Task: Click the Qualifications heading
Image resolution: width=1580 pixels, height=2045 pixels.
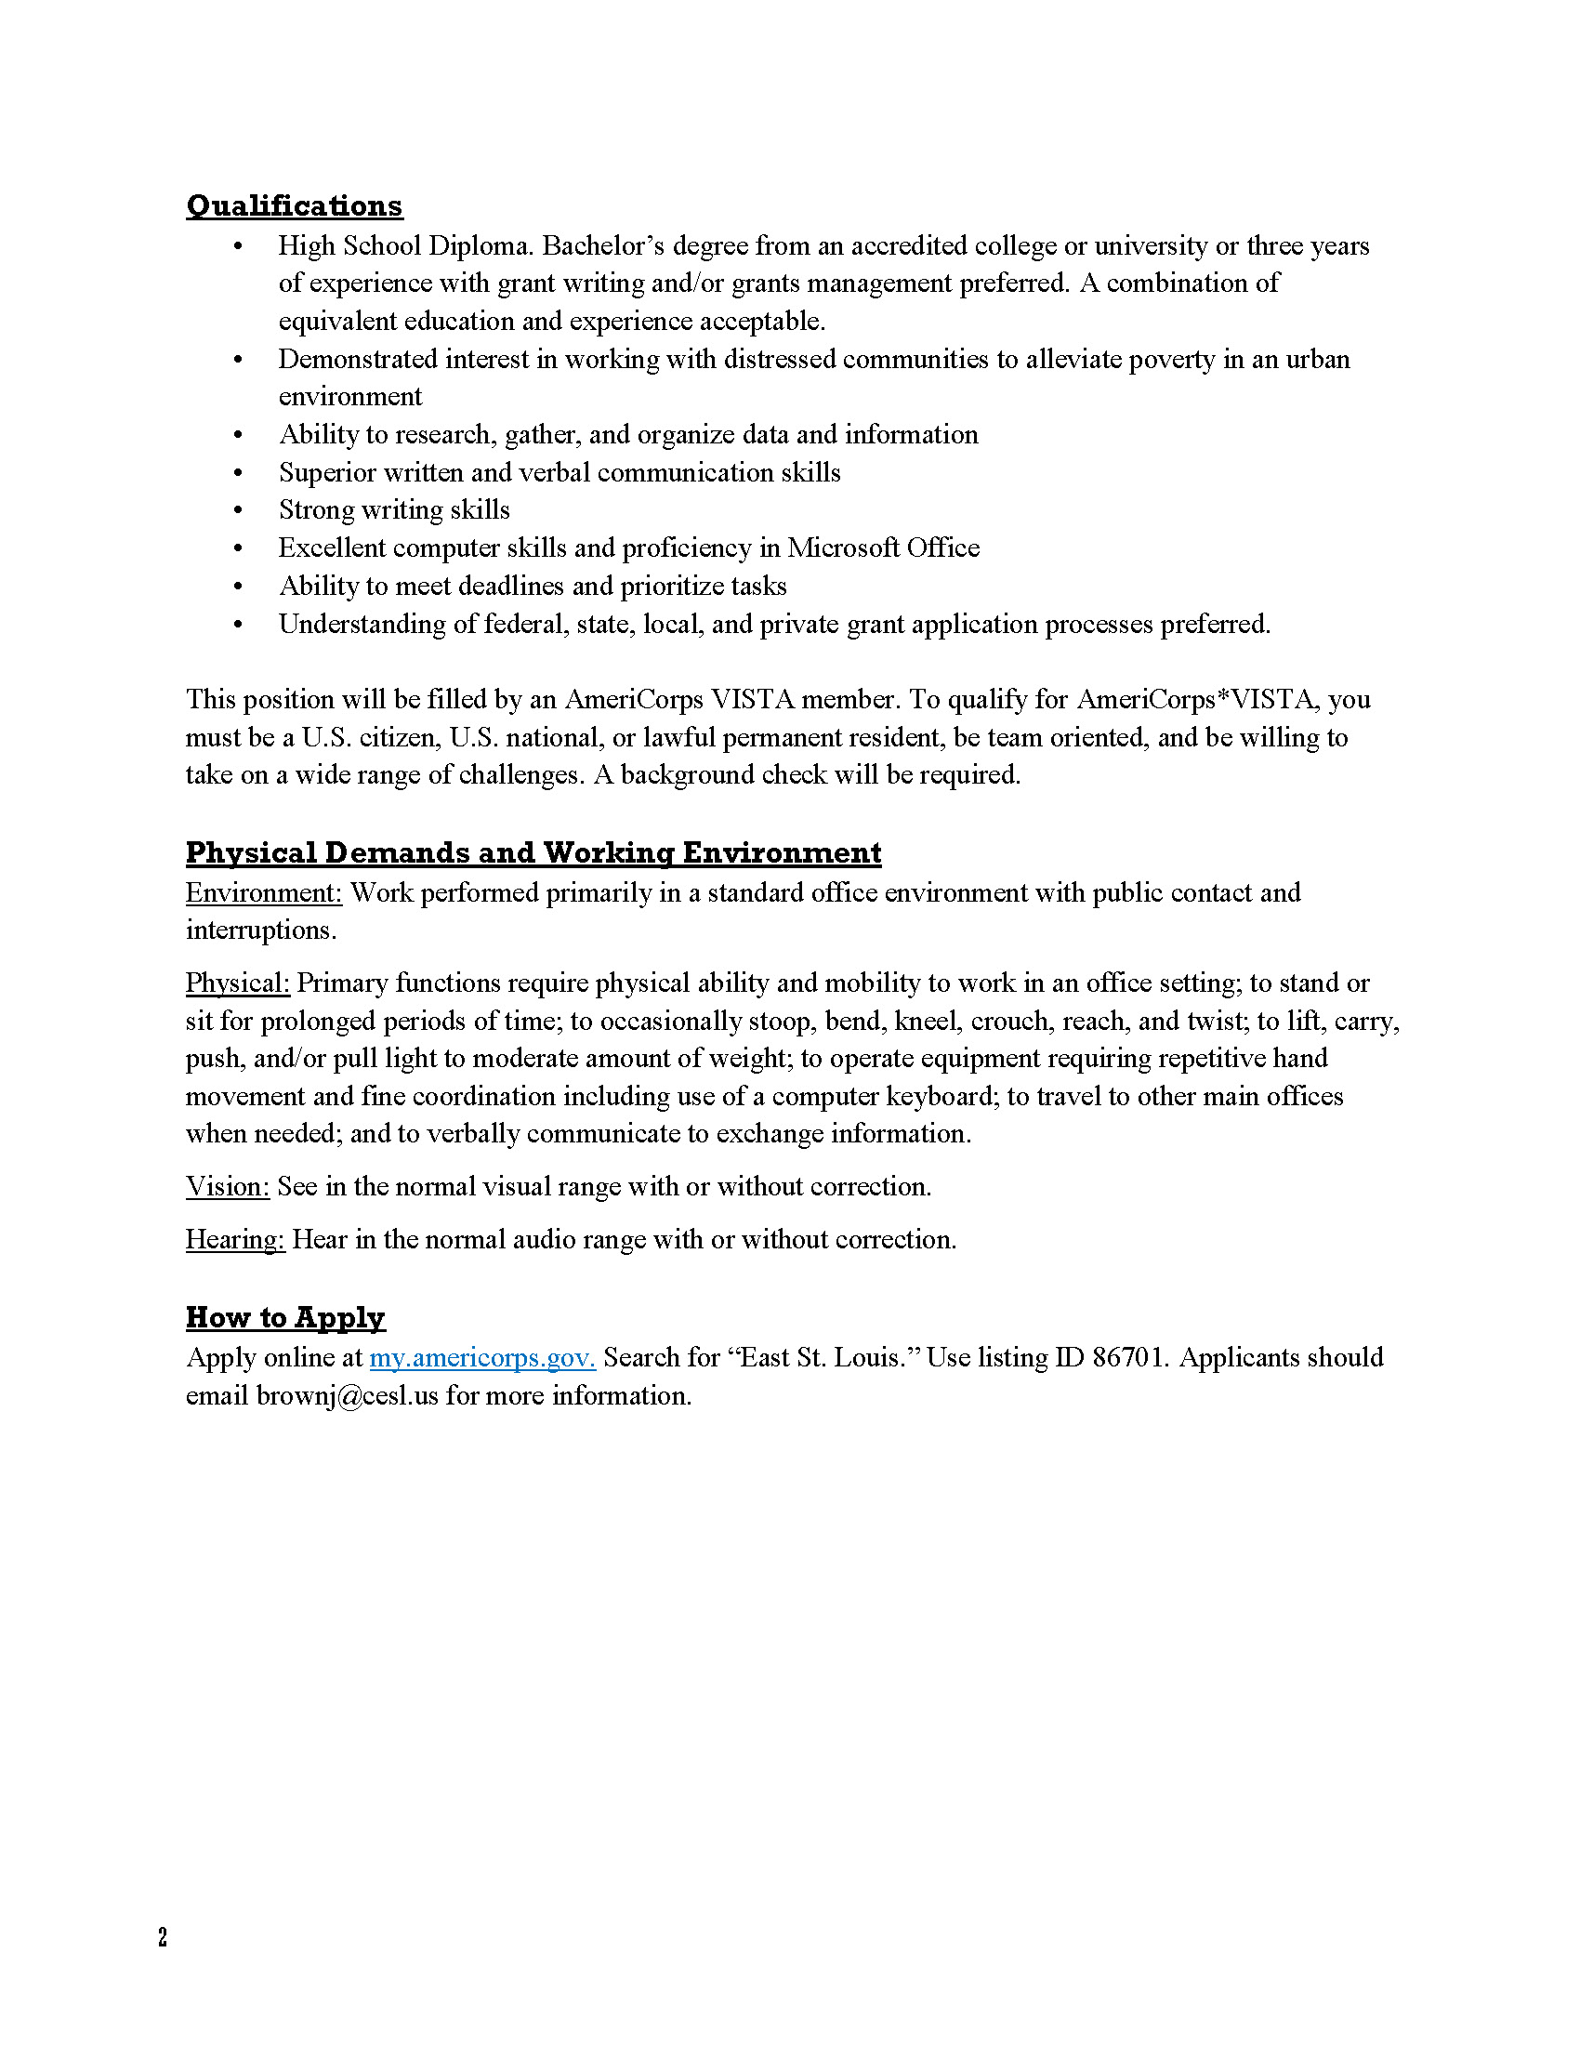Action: click(294, 205)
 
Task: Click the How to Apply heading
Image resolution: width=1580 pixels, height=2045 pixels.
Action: click(284, 1316)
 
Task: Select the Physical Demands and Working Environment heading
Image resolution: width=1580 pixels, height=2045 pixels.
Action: click(533, 852)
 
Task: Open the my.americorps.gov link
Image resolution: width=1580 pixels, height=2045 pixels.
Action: click(482, 1358)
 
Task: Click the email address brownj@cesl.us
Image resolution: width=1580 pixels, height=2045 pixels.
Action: click(348, 1396)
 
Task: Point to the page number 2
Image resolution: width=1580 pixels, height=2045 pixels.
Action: click(163, 1937)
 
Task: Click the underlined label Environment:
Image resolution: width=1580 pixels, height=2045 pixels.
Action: click(264, 892)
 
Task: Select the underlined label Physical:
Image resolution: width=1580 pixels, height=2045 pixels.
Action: click(238, 983)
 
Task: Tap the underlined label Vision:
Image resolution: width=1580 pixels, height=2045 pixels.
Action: click(228, 1186)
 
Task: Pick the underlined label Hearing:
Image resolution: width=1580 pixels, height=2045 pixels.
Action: click(235, 1239)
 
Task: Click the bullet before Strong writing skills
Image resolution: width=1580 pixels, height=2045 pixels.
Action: click(238, 511)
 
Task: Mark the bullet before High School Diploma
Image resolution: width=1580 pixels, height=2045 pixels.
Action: click(238, 247)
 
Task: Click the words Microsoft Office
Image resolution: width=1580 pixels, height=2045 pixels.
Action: click(883, 548)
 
